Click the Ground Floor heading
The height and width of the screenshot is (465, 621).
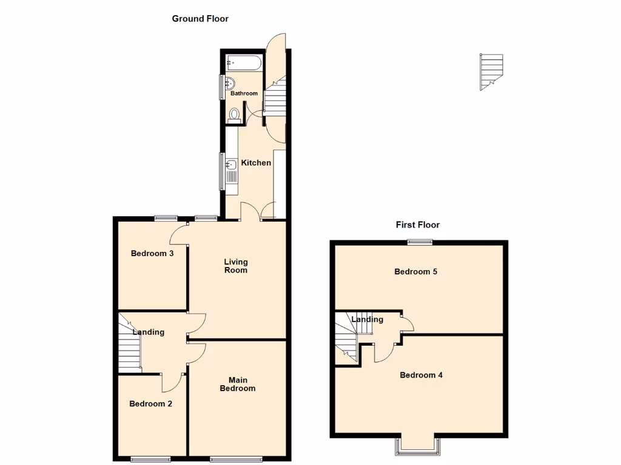coord(200,19)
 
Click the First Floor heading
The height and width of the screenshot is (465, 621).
coord(417,225)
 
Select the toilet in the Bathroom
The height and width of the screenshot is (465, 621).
coord(234,115)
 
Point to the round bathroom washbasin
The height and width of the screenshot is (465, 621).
coord(230,84)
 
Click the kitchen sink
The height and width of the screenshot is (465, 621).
coord(230,165)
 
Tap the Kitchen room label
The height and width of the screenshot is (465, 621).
coord(256,163)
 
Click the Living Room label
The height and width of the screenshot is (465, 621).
coord(236,266)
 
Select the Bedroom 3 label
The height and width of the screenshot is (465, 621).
coord(152,254)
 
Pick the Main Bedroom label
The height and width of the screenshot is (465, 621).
coord(237,384)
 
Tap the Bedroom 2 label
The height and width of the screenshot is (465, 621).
coord(151,404)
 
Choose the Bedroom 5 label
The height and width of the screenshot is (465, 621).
coord(415,272)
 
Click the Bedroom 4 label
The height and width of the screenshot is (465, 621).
coord(421,375)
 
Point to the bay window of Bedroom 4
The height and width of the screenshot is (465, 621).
coord(418,446)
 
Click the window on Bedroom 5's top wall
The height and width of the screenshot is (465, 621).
coord(419,243)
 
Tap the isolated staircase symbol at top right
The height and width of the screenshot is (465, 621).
coord(491,71)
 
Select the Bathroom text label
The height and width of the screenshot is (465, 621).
coord(244,94)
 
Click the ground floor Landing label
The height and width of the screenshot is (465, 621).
coord(148,332)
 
